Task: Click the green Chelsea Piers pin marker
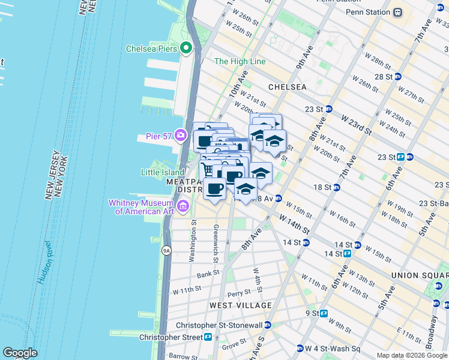pyautogui.click(x=186, y=48)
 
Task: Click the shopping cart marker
pyautogui.click(x=208, y=169)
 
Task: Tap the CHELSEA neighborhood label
pyautogui.click(x=287, y=87)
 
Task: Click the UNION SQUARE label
pyautogui.click(x=420, y=275)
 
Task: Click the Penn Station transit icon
pyautogui.click(x=397, y=12)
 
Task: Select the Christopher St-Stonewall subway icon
pyautogui.click(x=268, y=325)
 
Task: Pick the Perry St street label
pyautogui.click(x=238, y=293)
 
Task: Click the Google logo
pyautogui.click(x=20, y=353)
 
